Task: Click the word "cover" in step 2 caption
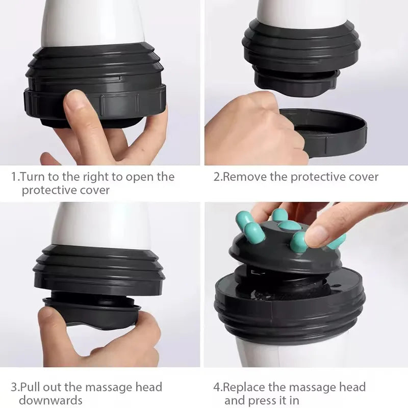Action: (363, 177)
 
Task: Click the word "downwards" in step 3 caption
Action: (50, 400)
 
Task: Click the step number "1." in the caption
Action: (15, 177)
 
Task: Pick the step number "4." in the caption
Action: (218, 387)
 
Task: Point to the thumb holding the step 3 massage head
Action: (56, 326)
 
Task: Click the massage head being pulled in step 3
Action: (92, 309)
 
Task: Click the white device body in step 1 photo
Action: (92, 23)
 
